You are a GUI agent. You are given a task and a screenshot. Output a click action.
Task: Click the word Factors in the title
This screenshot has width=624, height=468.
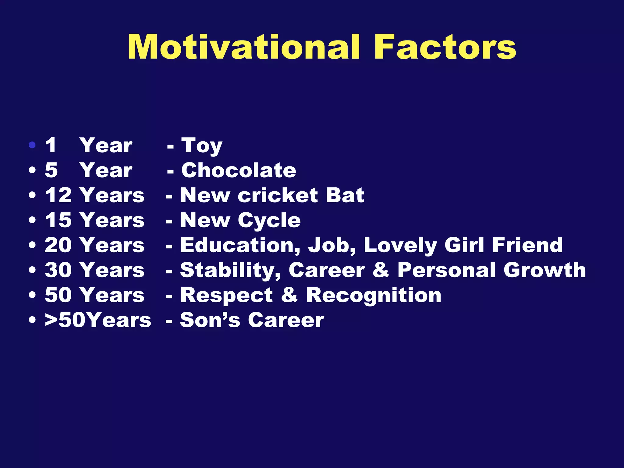tap(445, 47)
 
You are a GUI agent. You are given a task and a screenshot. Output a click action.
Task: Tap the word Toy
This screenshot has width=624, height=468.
tap(202, 146)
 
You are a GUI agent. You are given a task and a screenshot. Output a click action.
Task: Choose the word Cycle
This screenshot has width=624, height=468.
tap(269, 221)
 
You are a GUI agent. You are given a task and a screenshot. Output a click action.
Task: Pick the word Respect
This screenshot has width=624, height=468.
tap(226, 296)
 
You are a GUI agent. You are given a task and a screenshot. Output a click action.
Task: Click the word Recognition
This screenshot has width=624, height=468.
tap(374, 296)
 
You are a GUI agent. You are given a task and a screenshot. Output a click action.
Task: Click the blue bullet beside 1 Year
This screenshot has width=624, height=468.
tap(32, 145)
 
